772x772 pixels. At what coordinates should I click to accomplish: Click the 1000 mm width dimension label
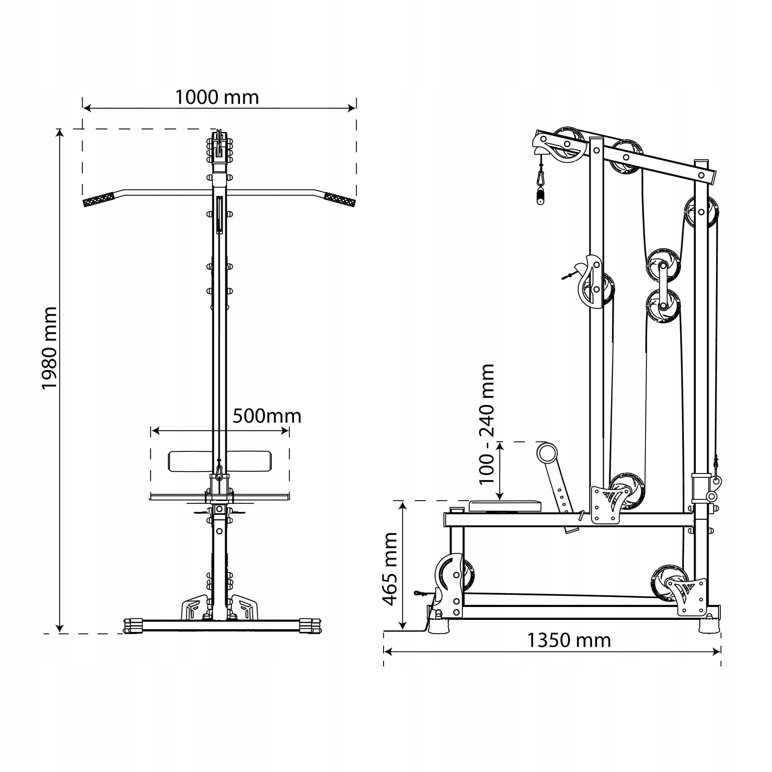coord(217,97)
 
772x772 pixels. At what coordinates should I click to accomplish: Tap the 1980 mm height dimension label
coord(50,348)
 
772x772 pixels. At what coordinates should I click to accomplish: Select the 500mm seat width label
coord(267,416)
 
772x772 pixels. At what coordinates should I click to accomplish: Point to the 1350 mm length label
coord(569,640)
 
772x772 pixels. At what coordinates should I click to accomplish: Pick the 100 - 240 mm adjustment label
coord(487,424)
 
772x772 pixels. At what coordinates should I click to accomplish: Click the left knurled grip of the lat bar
coord(99,199)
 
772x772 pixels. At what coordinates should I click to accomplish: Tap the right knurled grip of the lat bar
coord(340,199)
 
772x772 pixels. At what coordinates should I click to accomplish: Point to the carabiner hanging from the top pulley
coord(541,178)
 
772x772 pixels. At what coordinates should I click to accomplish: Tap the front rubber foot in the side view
coord(439,626)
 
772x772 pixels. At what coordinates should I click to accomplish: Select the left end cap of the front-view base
coord(133,626)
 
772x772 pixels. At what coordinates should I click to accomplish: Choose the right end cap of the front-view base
coord(310,626)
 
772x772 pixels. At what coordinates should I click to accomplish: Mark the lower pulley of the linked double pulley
coord(663,306)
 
